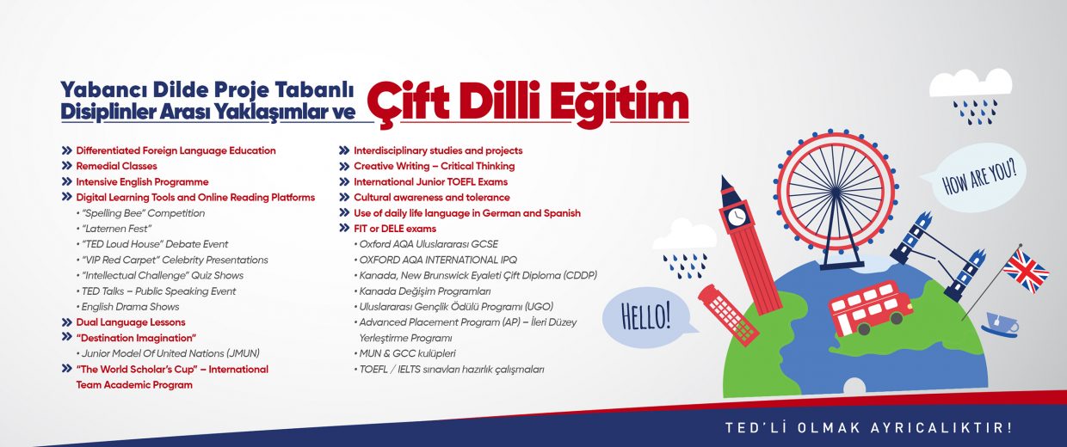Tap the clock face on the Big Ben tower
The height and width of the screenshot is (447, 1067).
pyautogui.click(x=737, y=217)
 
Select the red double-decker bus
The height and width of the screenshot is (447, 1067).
pyautogui.click(x=869, y=308)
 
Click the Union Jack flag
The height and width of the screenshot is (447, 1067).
pyautogui.click(x=1026, y=270)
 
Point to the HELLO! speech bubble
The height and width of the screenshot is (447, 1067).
pyautogui.click(x=647, y=316)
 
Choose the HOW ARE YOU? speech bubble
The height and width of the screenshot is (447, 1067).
pyautogui.click(x=978, y=177)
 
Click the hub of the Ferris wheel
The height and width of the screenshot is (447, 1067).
pyautogui.click(x=836, y=192)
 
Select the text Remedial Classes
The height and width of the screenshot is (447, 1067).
pyautogui.click(x=116, y=166)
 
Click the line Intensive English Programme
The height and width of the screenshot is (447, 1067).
pyautogui.click(x=143, y=182)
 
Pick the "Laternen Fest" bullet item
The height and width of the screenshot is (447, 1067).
pyautogui.click(x=114, y=229)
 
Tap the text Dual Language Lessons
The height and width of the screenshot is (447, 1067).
pyautogui.click(x=131, y=322)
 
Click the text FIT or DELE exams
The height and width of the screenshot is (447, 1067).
pyautogui.click(x=395, y=229)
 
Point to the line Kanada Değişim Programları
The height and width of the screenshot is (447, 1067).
pyautogui.click(x=422, y=291)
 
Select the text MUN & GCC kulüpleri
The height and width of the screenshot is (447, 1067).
pyautogui.click(x=405, y=353)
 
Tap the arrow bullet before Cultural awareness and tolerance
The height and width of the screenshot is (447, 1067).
pyautogui.click(x=344, y=197)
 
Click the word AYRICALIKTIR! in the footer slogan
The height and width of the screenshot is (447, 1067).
pyautogui.click(x=941, y=427)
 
